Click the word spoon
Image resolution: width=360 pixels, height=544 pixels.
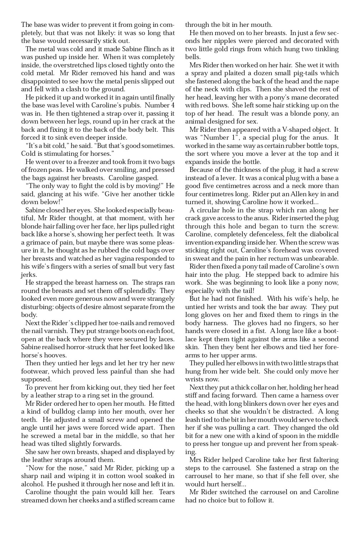tap(296, 436)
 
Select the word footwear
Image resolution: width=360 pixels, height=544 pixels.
tap(37, 371)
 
